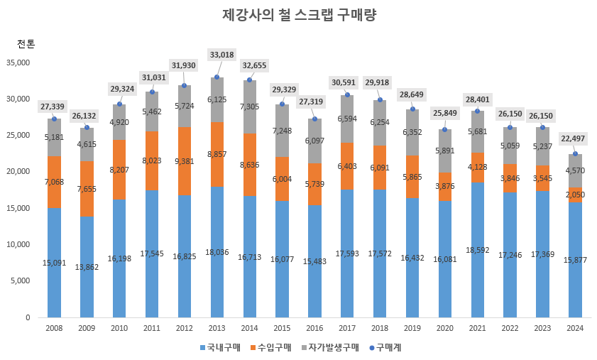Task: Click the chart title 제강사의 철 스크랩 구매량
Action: (x=298, y=15)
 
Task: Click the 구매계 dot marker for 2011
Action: (x=152, y=92)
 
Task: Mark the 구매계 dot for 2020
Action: (x=445, y=129)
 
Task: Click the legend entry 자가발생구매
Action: (x=329, y=347)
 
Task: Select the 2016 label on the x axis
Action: (x=314, y=329)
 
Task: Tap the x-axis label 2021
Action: (x=477, y=329)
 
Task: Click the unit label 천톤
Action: (x=26, y=43)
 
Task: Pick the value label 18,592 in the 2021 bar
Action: (x=477, y=250)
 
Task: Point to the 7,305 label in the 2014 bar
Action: (x=249, y=107)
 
